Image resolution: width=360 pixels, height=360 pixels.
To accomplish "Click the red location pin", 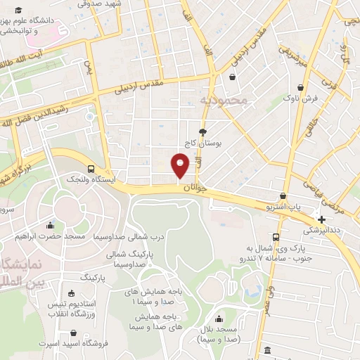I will coord(180,166).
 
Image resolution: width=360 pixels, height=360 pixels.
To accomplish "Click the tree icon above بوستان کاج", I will coord(203,131).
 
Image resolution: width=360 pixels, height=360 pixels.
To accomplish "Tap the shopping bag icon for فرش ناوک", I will coord(300,87).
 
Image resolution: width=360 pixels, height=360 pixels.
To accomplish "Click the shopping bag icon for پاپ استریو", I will coord(283,196).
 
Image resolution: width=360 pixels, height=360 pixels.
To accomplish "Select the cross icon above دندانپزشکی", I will coord(321,219).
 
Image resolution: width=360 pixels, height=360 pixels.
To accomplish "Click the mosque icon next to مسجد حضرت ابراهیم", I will coord(50,226).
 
